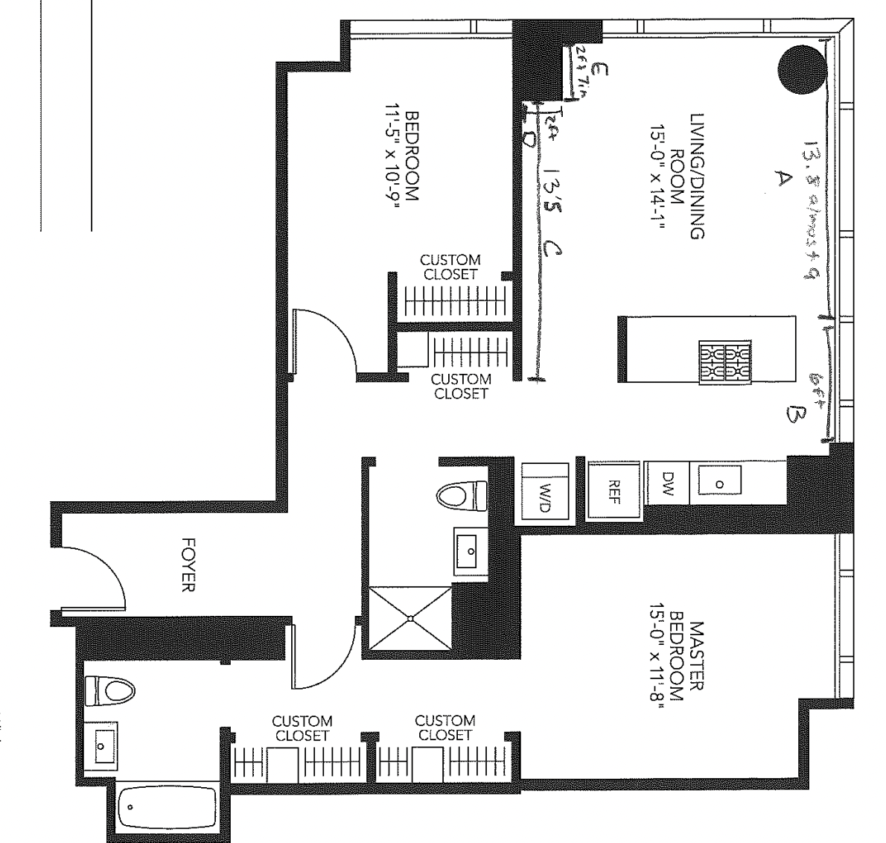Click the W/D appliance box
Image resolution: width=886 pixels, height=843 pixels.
[x=544, y=492]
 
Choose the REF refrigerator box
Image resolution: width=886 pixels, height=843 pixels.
[x=614, y=490]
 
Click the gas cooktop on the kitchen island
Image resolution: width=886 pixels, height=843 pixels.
[x=724, y=362]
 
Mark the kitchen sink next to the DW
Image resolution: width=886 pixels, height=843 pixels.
[x=718, y=483]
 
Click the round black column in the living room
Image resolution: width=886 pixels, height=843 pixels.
[x=802, y=69]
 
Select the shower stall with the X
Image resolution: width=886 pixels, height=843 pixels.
[x=409, y=617]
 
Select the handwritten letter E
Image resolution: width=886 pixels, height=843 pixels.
[x=602, y=70]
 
